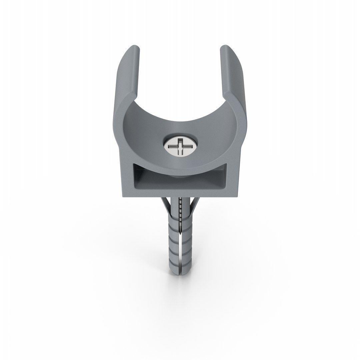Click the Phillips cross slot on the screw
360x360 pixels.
(181, 146)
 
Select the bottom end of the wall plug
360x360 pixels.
(180, 280)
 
